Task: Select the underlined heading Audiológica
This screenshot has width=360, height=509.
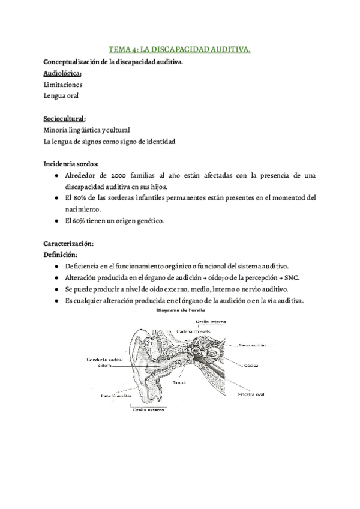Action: [x=63, y=73]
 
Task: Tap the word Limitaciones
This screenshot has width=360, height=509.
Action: [x=64, y=85]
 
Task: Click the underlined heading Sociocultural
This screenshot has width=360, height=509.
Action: [x=65, y=118]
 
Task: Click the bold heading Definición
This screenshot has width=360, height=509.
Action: [x=62, y=254]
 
